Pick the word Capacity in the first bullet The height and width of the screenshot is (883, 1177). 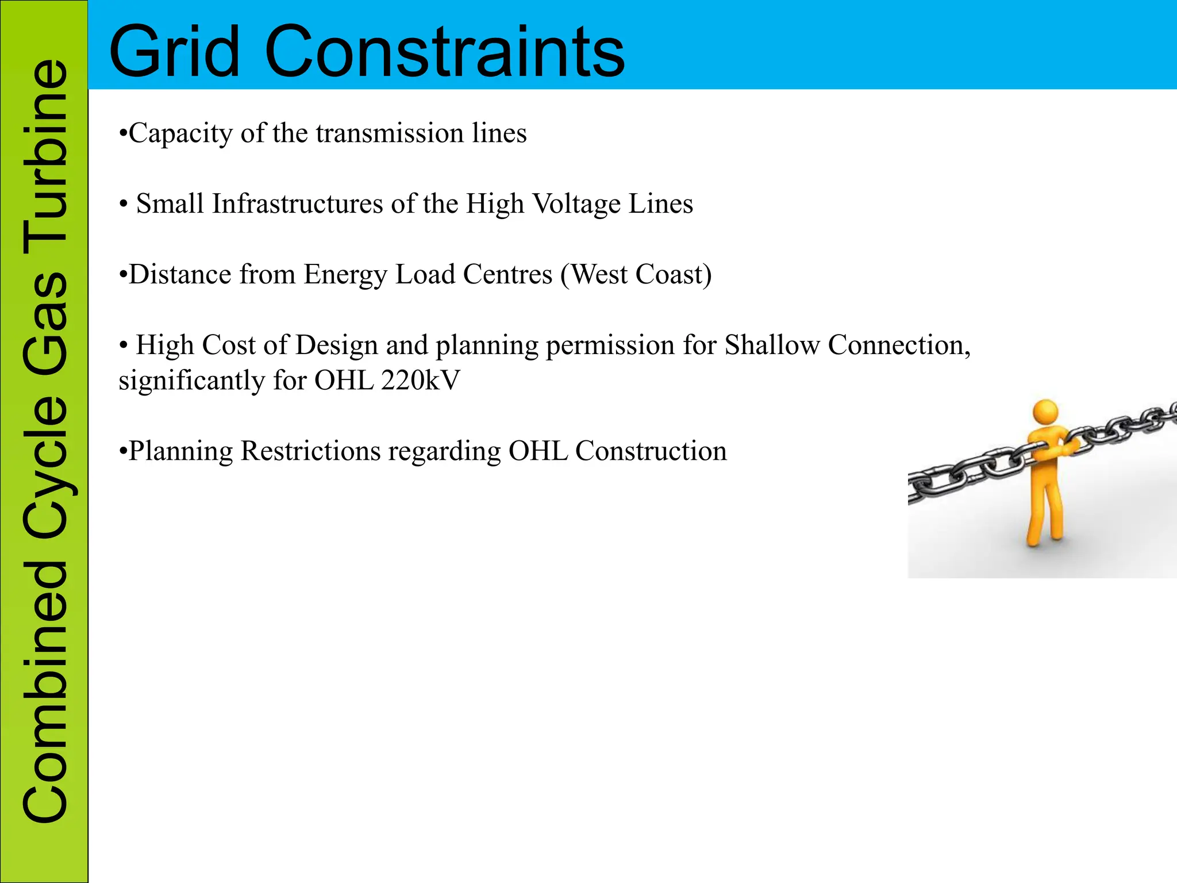[180, 133]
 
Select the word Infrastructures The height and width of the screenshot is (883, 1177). [297, 204]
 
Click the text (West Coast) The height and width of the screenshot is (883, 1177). [636, 274]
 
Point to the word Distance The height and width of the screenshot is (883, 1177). [180, 274]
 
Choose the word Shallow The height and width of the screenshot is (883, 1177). [772, 345]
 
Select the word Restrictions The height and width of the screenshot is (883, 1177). [311, 451]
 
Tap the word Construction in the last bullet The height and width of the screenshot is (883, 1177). [651, 451]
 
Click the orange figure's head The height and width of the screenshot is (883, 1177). [1045, 412]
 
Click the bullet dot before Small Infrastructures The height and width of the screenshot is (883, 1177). [123, 205]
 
